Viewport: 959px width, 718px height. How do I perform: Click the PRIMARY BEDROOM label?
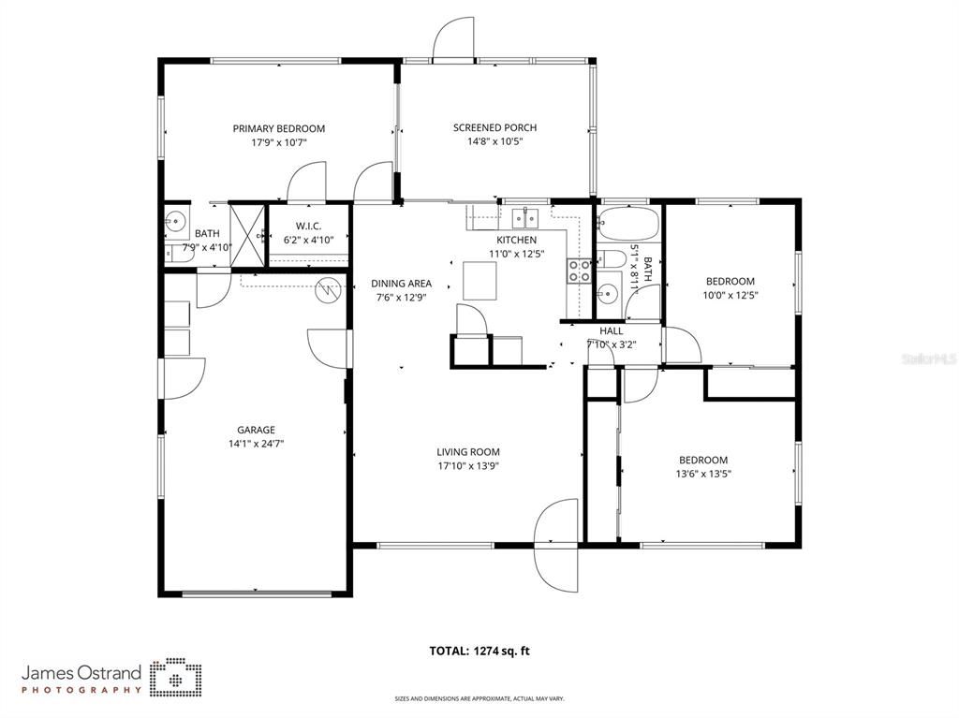278,128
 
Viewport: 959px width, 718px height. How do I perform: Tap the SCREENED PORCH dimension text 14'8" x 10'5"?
494,142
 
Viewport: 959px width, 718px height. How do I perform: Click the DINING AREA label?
401,284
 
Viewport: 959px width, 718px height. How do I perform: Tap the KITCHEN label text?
516,240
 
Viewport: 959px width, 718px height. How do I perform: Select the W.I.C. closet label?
308,226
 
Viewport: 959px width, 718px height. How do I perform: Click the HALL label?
611,330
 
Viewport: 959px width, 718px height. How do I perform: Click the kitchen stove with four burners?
579,271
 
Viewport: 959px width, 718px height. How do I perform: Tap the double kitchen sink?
524,218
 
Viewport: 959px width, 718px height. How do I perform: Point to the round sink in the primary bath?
175,221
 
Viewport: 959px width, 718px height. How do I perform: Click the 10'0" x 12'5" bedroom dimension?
730,295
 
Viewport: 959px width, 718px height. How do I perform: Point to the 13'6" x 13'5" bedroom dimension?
702,474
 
